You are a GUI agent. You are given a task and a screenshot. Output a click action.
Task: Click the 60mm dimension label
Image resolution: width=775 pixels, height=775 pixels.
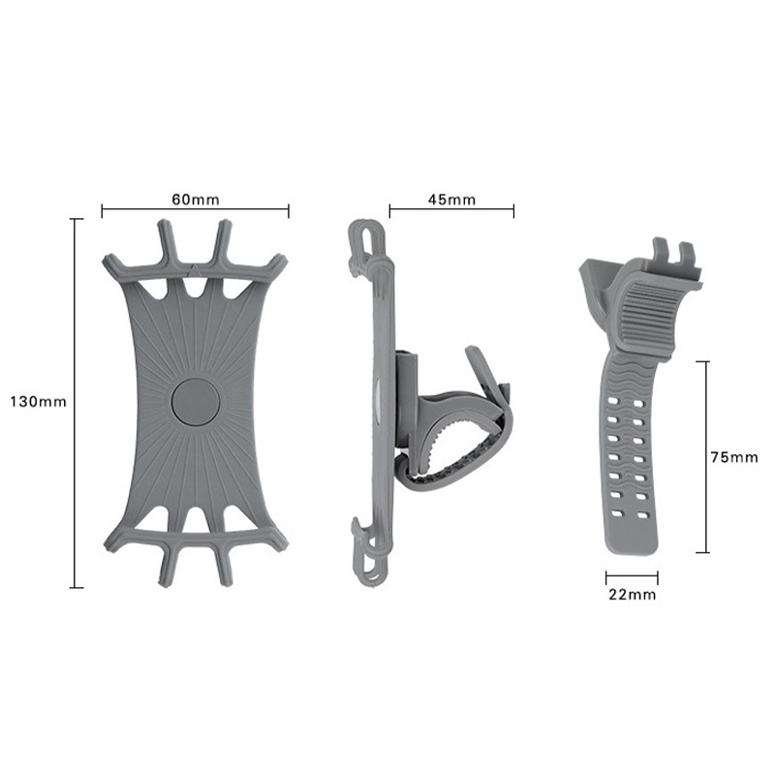[x=196, y=200]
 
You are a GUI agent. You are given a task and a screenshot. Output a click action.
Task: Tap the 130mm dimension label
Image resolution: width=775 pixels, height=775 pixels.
[x=38, y=402]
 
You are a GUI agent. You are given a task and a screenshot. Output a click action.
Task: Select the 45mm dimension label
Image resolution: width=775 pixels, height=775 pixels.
[x=451, y=200]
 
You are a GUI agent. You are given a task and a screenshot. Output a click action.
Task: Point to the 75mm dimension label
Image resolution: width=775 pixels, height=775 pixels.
[x=734, y=457]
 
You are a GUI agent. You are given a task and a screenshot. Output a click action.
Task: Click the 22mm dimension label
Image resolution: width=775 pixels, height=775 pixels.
[x=633, y=595]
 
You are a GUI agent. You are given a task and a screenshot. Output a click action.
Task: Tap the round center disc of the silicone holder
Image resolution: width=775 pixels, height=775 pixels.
[x=196, y=402]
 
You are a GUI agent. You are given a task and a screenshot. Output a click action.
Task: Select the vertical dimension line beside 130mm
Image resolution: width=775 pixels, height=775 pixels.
[x=76, y=403]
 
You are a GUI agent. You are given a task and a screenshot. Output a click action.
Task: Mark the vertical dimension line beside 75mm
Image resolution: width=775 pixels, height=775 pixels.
[x=707, y=457]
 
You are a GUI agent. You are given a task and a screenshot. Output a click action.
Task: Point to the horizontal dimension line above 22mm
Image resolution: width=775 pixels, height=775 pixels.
[x=632, y=575]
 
